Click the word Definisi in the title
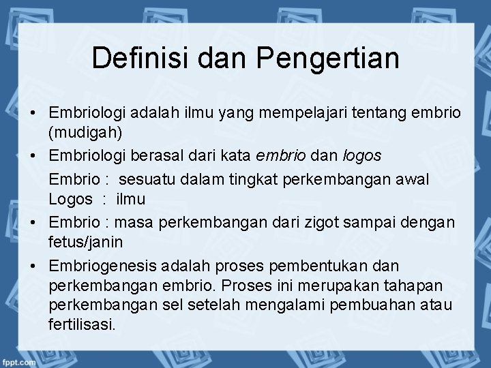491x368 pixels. click(x=135, y=58)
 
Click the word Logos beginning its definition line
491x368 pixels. click(x=70, y=200)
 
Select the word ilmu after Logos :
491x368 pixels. click(x=130, y=200)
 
